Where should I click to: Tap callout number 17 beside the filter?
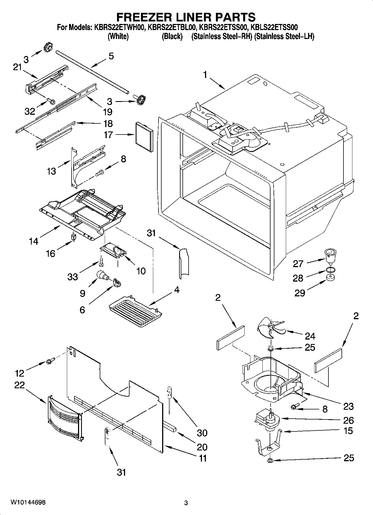(x=108, y=135)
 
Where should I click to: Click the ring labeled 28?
(x=330, y=270)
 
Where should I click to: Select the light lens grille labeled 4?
(x=135, y=311)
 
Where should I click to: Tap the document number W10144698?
(x=28, y=502)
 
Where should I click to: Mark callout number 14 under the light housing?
(x=33, y=241)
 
